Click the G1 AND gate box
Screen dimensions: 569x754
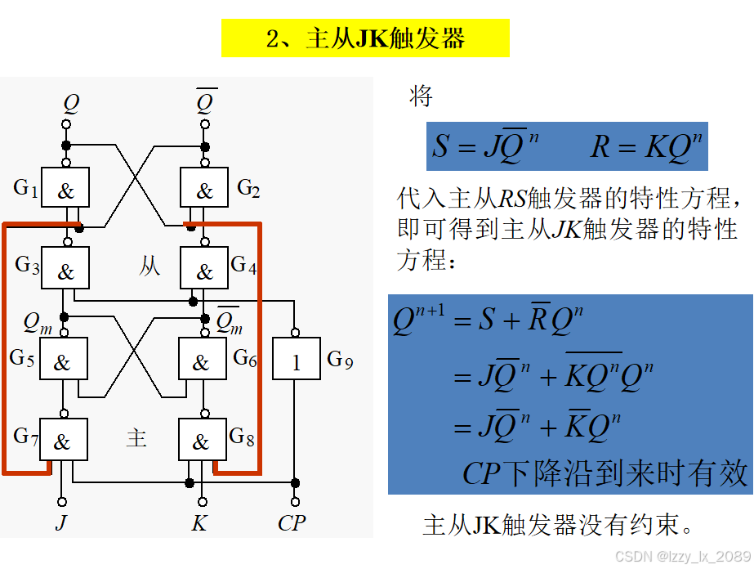pyautogui.click(x=66, y=189)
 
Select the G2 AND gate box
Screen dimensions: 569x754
pyautogui.click(x=204, y=189)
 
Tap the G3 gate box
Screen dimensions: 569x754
pyautogui.click(x=66, y=267)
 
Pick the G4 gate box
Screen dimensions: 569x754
pyautogui.click(x=204, y=267)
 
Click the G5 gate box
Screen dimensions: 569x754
pyautogui.click(x=64, y=360)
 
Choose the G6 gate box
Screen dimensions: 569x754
pyautogui.click(x=202, y=360)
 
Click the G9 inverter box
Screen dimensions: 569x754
pyautogui.click(x=296, y=360)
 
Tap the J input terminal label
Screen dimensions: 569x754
pyautogui.click(x=61, y=523)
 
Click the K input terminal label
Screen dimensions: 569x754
pyautogui.click(x=199, y=523)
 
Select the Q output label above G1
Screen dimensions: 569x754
pyautogui.click(x=71, y=104)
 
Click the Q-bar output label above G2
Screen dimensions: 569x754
pyautogui.click(x=206, y=103)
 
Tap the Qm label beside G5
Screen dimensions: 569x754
pyautogui.click(x=37, y=324)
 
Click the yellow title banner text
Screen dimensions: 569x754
pyautogui.click(x=365, y=38)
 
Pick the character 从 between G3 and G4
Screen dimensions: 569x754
pyautogui.click(x=149, y=266)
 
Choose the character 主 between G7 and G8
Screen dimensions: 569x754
pyautogui.click(x=136, y=438)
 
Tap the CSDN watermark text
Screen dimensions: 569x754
pyautogui.click(x=682, y=556)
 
